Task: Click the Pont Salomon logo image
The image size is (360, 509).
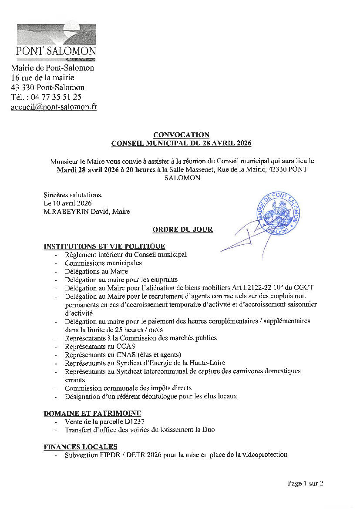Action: click(x=56, y=42)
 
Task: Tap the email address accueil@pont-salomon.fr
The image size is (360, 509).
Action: click(x=54, y=107)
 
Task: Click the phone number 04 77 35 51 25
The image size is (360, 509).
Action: click(x=56, y=97)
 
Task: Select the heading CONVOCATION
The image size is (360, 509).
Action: click(x=181, y=135)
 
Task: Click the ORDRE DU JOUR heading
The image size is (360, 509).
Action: click(x=182, y=229)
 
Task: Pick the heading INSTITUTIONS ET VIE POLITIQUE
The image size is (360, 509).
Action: click(x=104, y=246)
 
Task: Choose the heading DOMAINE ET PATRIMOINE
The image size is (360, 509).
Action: click(x=92, y=413)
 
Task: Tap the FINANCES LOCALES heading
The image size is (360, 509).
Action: click(x=81, y=447)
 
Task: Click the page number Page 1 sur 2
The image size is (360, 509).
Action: click(x=305, y=483)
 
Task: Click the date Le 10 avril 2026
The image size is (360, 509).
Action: click(x=67, y=203)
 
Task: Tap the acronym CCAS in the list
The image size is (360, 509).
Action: click(x=126, y=347)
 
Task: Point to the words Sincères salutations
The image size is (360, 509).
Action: click(x=73, y=195)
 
